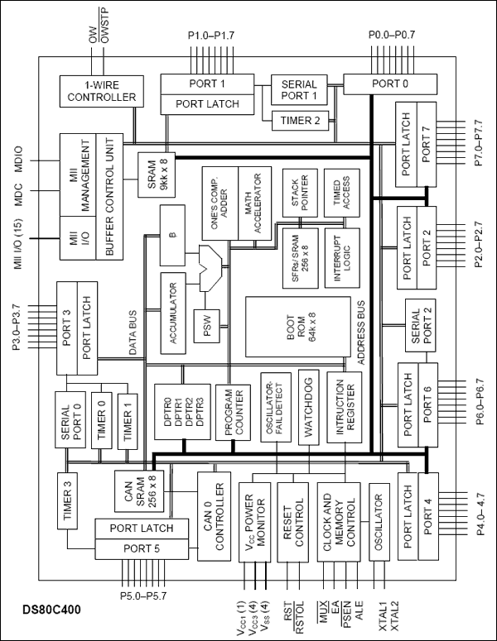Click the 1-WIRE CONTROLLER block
[x=98, y=89]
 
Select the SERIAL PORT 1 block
[x=299, y=89]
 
